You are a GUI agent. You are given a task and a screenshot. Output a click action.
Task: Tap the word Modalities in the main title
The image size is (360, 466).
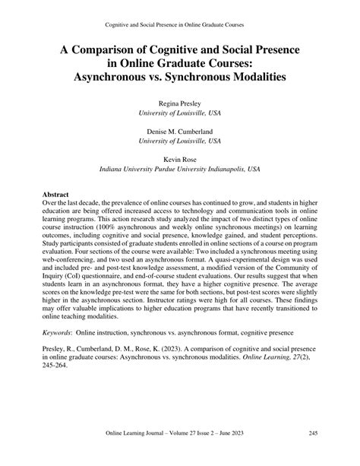pos(260,78)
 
